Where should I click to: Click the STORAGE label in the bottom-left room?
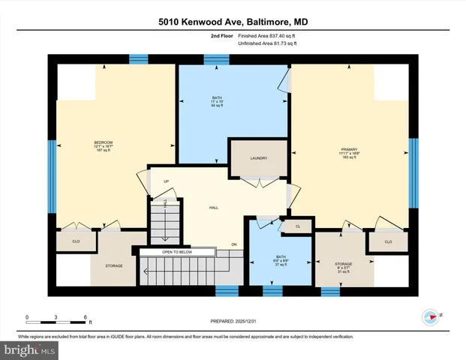click(113, 265)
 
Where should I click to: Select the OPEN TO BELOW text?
click(177, 252)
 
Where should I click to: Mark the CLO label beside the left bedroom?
click(76, 241)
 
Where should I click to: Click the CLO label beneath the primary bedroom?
click(388, 241)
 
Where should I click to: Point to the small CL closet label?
click(298, 226)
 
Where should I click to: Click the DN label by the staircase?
click(233, 245)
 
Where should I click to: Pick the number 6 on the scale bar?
click(86, 317)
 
